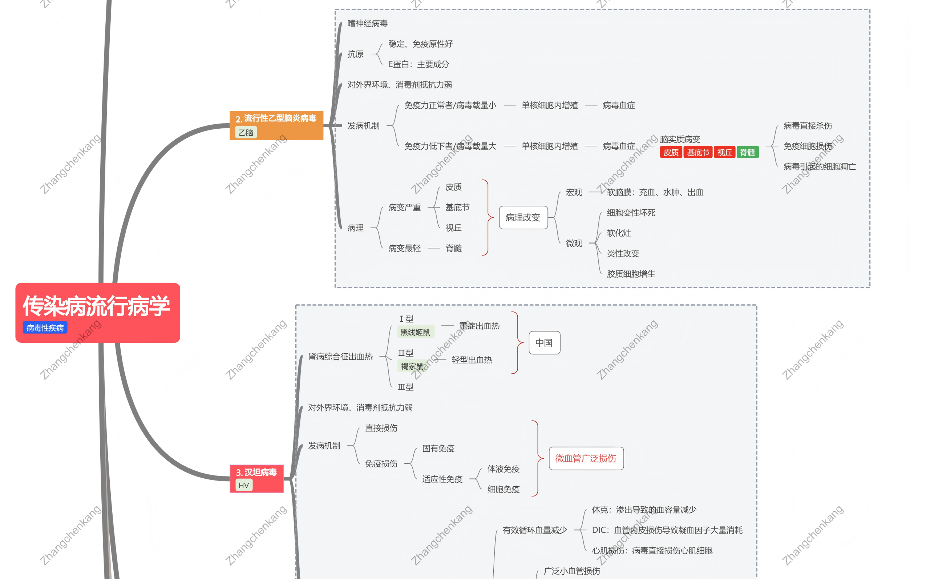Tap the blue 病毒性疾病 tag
tap(45, 328)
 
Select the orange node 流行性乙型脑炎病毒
tap(276, 118)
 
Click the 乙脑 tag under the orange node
tap(246, 133)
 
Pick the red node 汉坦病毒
tap(256, 473)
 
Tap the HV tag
tap(244, 485)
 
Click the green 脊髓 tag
tap(747, 152)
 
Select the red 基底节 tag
tap(698, 152)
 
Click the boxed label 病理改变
tap(523, 217)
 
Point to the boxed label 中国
tap(544, 343)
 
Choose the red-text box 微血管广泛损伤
tap(586, 458)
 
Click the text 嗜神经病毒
tap(367, 24)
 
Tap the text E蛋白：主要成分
tap(419, 64)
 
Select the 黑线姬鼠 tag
tap(415, 332)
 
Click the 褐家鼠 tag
tap(412, 366)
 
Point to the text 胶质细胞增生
tap(631, 274)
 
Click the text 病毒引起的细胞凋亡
tap(820, 166)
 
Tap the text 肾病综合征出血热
tap(340, 357)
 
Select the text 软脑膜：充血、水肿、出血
tap(655, 192)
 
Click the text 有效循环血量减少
tap(534, 530)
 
